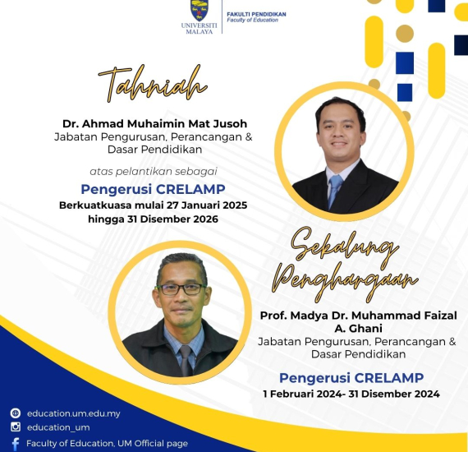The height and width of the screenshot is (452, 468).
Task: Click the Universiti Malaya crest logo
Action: pyautogui.click(x=200, y=10)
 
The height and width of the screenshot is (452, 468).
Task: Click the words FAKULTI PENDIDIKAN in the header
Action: pyautogui.click(x=256, y=14)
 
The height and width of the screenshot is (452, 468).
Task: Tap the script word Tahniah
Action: pyautogui.click(x=153, y=83)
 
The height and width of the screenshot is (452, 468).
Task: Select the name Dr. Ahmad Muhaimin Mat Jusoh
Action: pyautogui.click(x=154, y=123)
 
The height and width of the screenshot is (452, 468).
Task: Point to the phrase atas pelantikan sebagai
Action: pyautogui.click(x=154, y=172)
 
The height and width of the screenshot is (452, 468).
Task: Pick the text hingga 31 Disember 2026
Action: pyautogui.click(x=153, y=219)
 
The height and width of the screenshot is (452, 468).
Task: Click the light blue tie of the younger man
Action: pyautogui.click(x=335, y=191)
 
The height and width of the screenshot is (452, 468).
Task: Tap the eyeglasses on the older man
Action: pyautogui.click(x=181, y=289)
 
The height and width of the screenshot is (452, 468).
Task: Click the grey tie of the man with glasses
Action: pyautogui.click(x=186, y=360)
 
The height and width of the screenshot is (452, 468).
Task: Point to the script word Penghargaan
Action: pyautogui.click(x=345, y=282)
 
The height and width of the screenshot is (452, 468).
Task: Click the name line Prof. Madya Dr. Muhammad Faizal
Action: pyautogui.click(x=359, y=316)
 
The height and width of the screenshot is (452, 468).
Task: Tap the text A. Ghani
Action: pyautogui.click(x=359, y=329)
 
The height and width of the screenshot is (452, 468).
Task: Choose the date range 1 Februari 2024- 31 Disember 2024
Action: pyautogui.click(x=351, y=394)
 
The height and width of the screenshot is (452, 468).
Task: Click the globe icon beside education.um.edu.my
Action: pyautogui.click(x=16, y=413)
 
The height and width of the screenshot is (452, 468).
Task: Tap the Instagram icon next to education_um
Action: pyautogui.click(x=16, y=427)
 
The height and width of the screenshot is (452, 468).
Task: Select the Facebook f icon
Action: pyautogui.click(x=16, y=444)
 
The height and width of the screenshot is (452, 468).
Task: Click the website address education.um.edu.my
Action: pyautogui.click(x=74, y=413)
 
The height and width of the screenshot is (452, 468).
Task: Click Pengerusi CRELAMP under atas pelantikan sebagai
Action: pyautogui.click(x=153, y=189)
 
